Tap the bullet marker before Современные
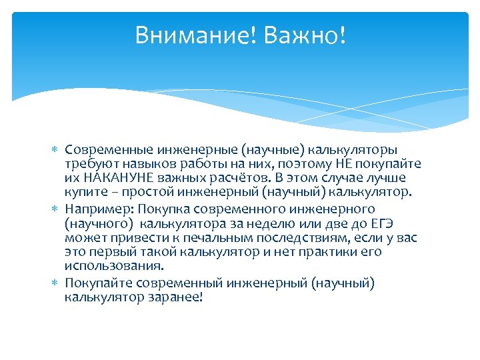pyautogui.click(x=55, y=149)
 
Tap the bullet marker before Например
pyautogui.click(x=55, y=208)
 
